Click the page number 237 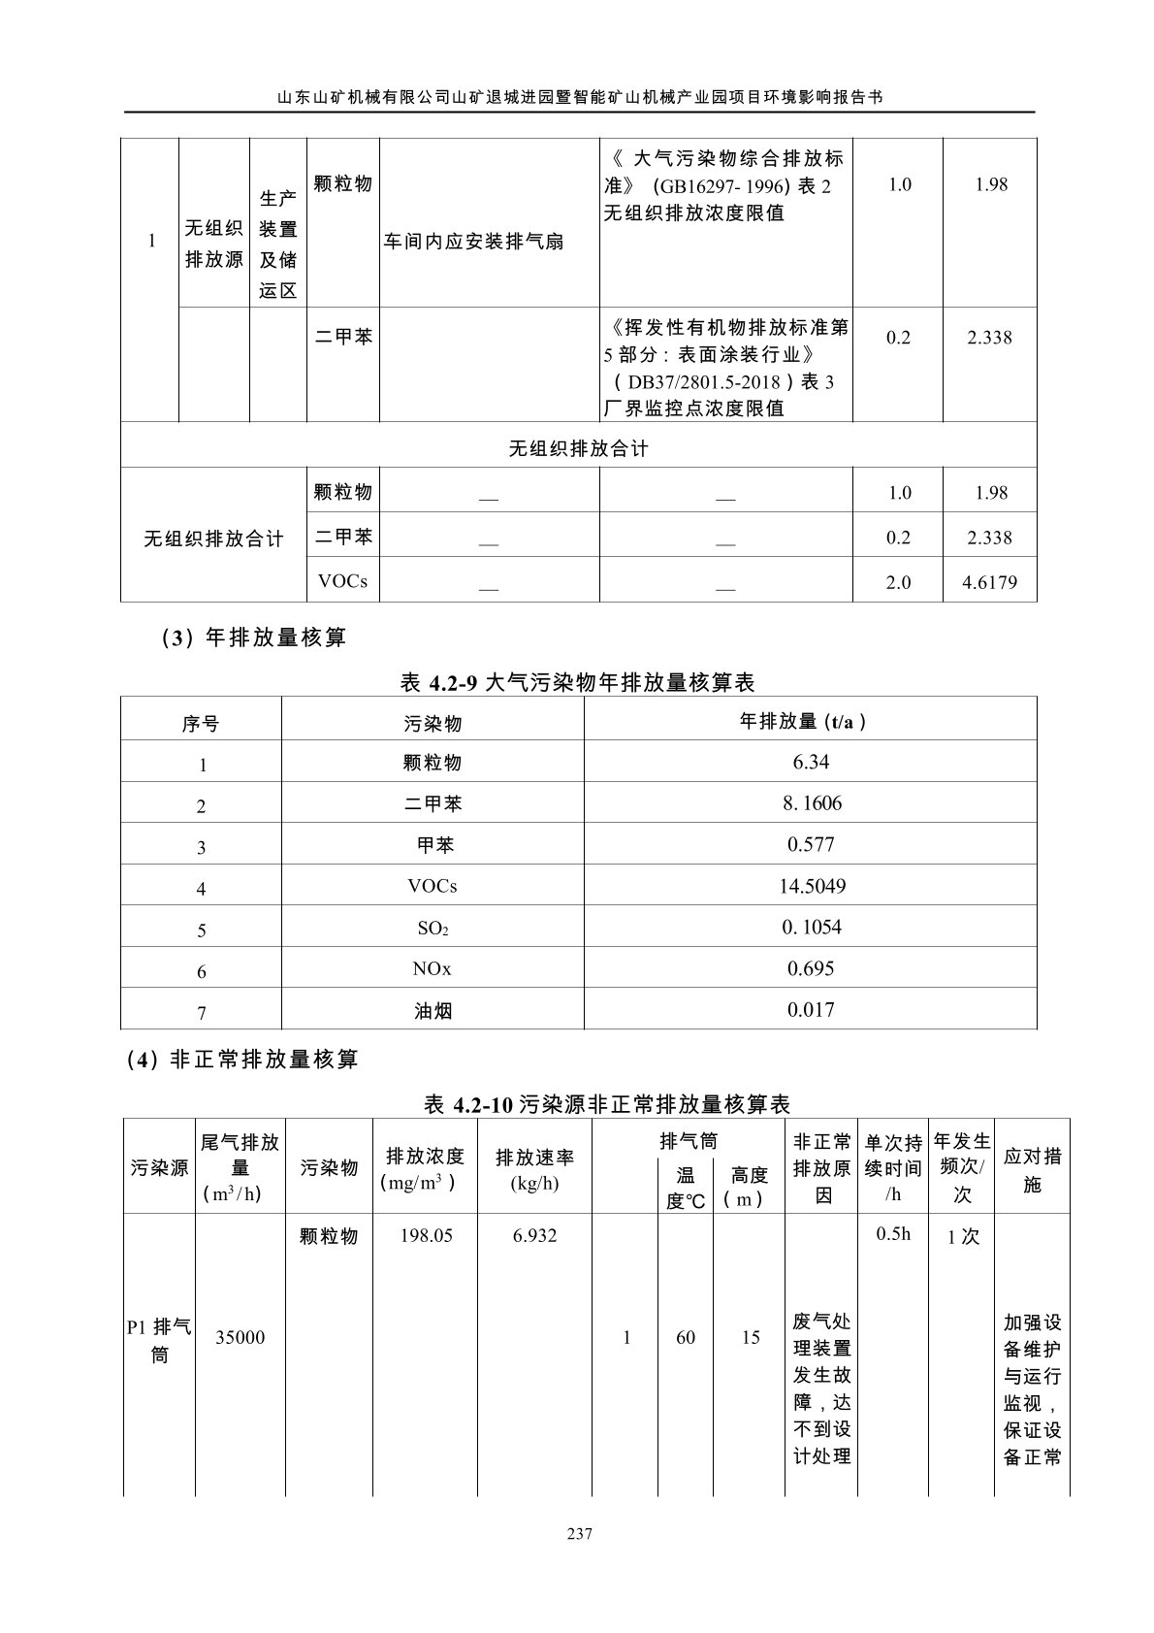tap(578, 1534)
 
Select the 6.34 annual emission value tap(811, 762)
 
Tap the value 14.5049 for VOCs tap(811, 886)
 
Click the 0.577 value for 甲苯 tap(811, 844)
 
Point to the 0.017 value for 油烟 tap(811, 1009)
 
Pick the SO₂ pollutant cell tap(433, 928)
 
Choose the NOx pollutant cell tap(433, 968)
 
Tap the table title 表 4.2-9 tap(577, 683)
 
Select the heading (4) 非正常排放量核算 tap(242, 1060)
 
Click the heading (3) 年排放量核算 tap(238, 637)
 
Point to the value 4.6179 tap(989, 582)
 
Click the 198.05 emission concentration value tap(426, 1236)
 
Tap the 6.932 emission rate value tap(534, 1236)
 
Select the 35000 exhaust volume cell tap(240, 1337)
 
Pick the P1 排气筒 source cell tap(159, 1339)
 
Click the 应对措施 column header tap(1032, 1169)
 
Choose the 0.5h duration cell tap(893, 1234)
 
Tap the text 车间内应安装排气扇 tap(473, 242)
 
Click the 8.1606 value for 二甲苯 tap(811, 803)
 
